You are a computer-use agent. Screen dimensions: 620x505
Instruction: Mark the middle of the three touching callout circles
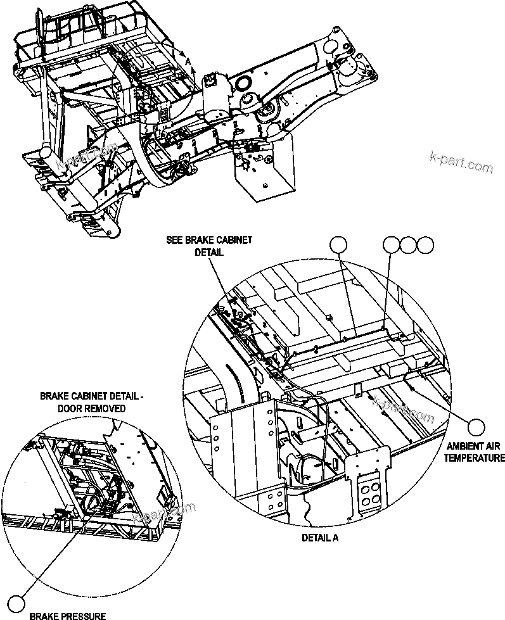409,244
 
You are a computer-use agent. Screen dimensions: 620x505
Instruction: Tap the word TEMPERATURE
474,457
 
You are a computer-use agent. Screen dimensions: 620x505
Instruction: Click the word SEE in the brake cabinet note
174,240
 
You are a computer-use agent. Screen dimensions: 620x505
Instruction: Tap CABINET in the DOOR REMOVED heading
94,396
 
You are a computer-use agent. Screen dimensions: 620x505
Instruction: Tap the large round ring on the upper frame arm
244,84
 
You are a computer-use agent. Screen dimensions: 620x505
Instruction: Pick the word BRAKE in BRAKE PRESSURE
44,615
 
